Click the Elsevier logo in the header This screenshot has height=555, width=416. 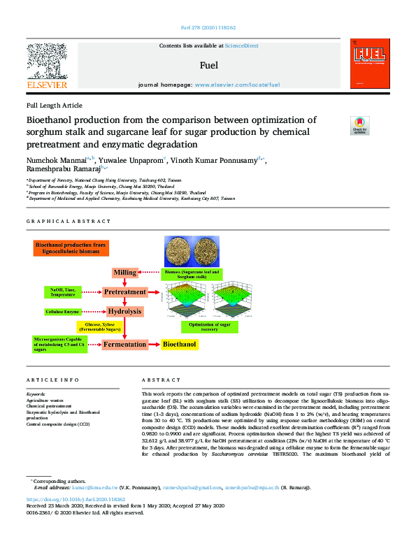(x=46, y=66)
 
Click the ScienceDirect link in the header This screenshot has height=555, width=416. (x=241, y=46)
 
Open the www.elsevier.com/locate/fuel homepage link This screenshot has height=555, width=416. (x=237, y=85)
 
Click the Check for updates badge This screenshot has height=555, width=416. (x=359, y=125)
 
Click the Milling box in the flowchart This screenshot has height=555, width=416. (x=124, y=271)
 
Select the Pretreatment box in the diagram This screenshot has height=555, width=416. (x=124, y=291)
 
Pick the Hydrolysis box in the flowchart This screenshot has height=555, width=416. (x=124, y=311)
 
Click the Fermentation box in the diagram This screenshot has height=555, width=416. (x=124, y=344)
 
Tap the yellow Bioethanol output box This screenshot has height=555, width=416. (x=180, y=344)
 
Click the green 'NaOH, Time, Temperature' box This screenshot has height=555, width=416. (x=64, y=291)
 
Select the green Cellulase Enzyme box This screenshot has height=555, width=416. (x=63, y=311)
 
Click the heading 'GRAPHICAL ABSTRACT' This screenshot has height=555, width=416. (x=69, y=221)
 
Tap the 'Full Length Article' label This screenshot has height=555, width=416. (x=54, y=105)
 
